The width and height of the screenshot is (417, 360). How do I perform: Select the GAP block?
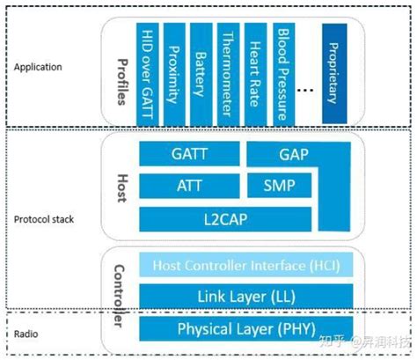295,153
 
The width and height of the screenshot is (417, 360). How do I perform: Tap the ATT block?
188,186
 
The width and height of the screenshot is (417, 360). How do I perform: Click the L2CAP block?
216,217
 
